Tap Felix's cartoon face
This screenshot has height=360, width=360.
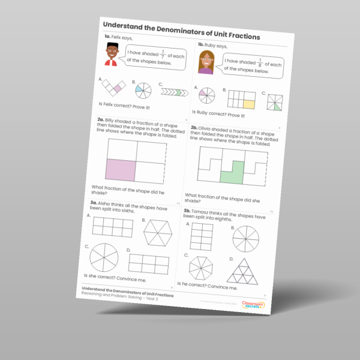110,55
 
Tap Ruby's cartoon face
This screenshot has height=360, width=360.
206,62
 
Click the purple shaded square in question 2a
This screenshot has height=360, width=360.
119,170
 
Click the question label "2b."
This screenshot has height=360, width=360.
194,128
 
